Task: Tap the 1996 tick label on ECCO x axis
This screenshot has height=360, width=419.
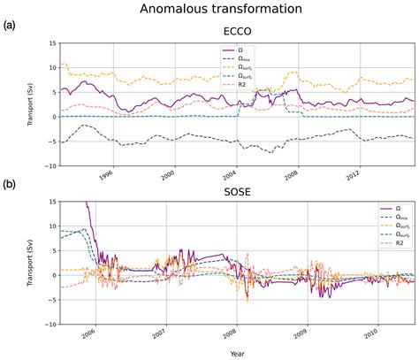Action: pos(106,173)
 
